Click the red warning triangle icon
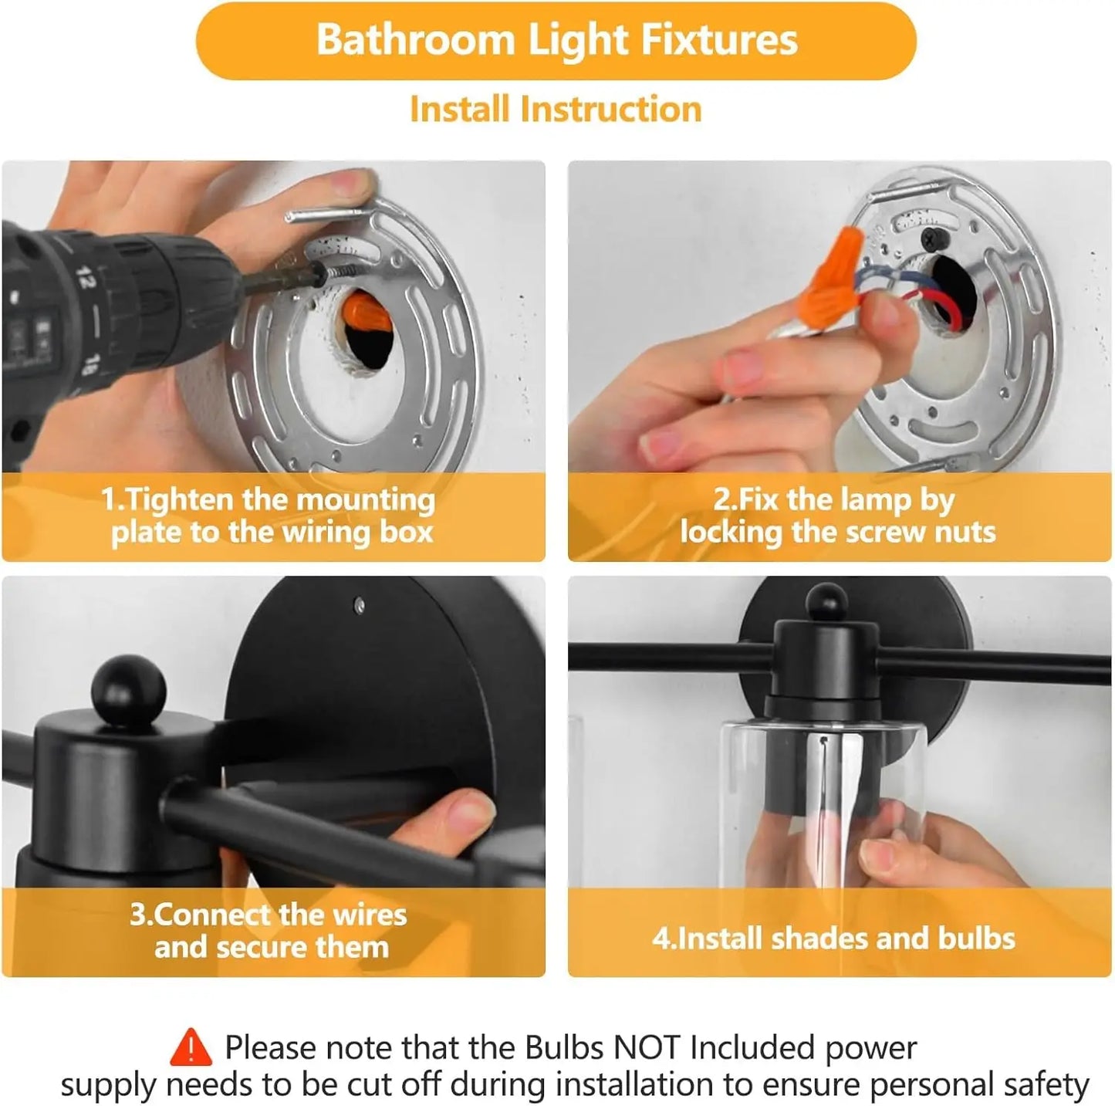[191, 1048]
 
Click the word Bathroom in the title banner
[415, 40]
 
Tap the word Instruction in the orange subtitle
[610, 110]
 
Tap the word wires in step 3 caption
[369, 915]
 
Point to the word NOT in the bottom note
[647, 1048]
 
